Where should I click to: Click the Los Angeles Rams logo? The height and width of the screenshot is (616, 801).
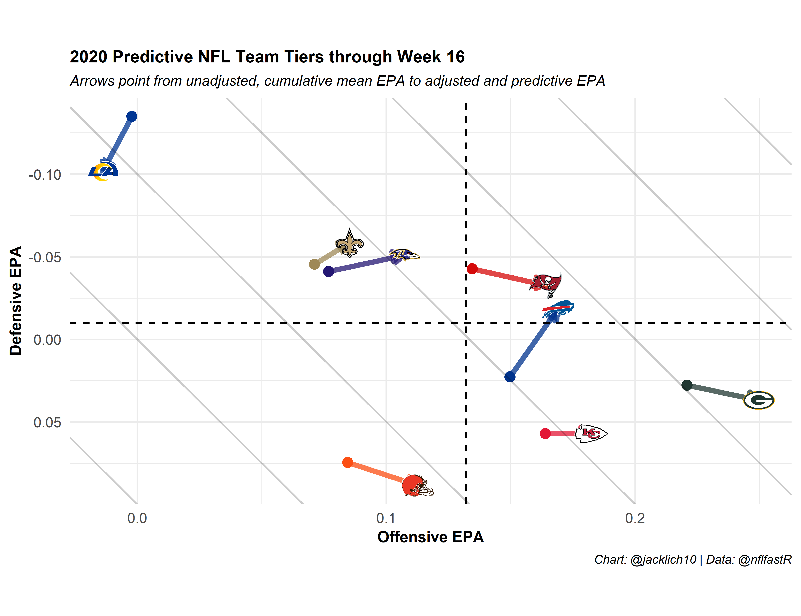click(x=103, y=171)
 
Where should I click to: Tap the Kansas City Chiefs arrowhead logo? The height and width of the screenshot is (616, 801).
click(x=591, y=434)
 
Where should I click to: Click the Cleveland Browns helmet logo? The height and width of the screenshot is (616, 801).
click(x=417, y=486)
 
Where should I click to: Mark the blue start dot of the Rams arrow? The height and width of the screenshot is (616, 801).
click(x=132, y=117)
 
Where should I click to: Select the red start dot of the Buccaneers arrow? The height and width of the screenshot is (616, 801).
click(x=472, y=269)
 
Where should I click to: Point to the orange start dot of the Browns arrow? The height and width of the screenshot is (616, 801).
click(x=347, y=462)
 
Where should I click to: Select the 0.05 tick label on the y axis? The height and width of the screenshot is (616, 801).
click(x=47, y=422)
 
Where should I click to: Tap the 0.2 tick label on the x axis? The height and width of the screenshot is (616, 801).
click(x=635, y=518)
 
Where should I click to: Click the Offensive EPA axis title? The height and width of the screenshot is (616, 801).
click(x=430, y=537)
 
